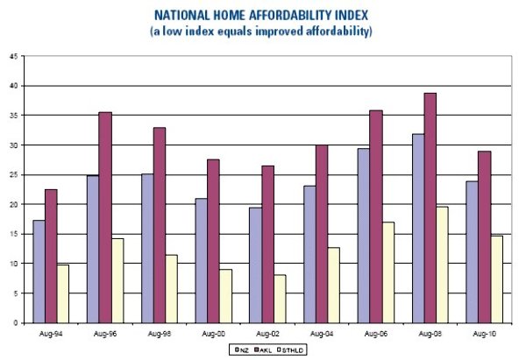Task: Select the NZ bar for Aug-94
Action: pos(39,272)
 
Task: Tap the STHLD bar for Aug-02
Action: pos(280,299)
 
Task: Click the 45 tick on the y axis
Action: pos(13,56)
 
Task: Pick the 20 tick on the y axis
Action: pos(13,204)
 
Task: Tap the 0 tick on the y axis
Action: pos(15,322)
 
